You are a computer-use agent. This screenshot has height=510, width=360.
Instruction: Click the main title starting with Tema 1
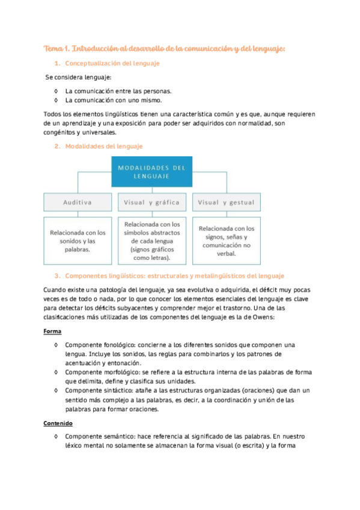tap(165, 48)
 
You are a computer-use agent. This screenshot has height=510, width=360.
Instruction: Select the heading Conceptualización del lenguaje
tap(112, 63)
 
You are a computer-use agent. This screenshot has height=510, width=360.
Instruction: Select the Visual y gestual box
tap(226, 203)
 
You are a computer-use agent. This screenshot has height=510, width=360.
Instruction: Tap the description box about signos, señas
tap(226, 241)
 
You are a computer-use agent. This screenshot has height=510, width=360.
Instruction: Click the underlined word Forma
tap(52, 331)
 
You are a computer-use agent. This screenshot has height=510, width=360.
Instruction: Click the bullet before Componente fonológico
tap(55, 345)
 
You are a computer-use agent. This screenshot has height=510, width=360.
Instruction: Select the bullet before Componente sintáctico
tap(55, 391)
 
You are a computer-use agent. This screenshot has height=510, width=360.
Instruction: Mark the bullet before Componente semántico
tap(55, 436)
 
